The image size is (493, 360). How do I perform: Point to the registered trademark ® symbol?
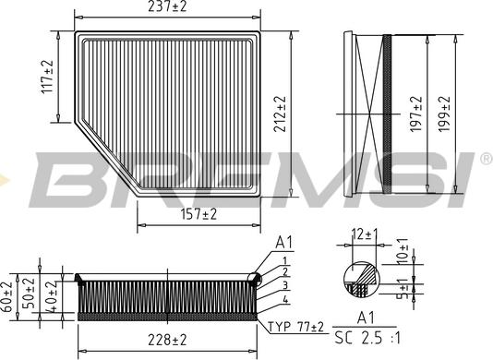coord(485,159)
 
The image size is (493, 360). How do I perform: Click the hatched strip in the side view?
coord(387,111)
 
